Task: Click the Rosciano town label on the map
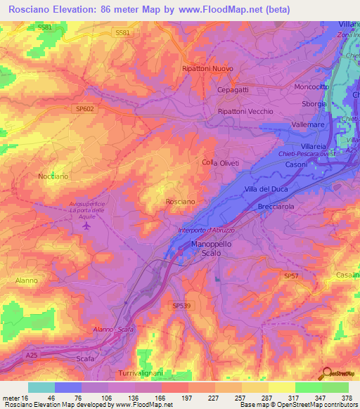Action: (180, 202)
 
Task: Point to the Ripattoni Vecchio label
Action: (245, 112)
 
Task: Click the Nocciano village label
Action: (53, 176)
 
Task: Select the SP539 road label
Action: (181, 306)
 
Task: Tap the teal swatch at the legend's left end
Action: (41, 387)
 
